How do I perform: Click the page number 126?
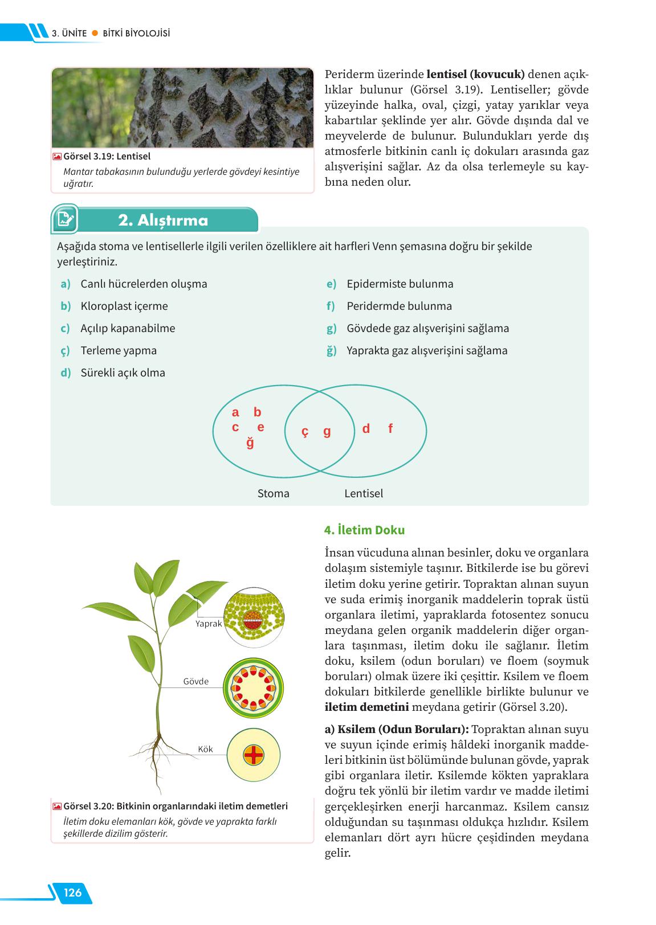coord(72,893)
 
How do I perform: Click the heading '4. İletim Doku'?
coord(364,530)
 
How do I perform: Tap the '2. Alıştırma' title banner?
coord(164,220)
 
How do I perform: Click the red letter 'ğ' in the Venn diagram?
coord(250,443)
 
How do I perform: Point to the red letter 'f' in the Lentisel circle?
coord(390,429)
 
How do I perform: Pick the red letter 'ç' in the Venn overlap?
coord(305,432)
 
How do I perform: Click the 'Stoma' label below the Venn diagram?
coord(273,493)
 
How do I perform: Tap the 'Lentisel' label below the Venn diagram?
coord(364,493)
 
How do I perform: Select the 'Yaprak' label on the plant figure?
coord(208,624)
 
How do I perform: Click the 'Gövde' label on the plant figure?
coord(195,681)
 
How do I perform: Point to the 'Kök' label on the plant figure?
coord(205,749)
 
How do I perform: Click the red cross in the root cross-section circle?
coord(254,755)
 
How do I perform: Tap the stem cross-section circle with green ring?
coord(254,687)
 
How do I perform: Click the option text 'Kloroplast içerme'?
coord(124,306)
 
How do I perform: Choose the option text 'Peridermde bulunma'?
coord(399,306)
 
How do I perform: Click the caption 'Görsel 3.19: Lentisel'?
coord(107,156)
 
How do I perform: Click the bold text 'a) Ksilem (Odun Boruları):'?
coord(397,729)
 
